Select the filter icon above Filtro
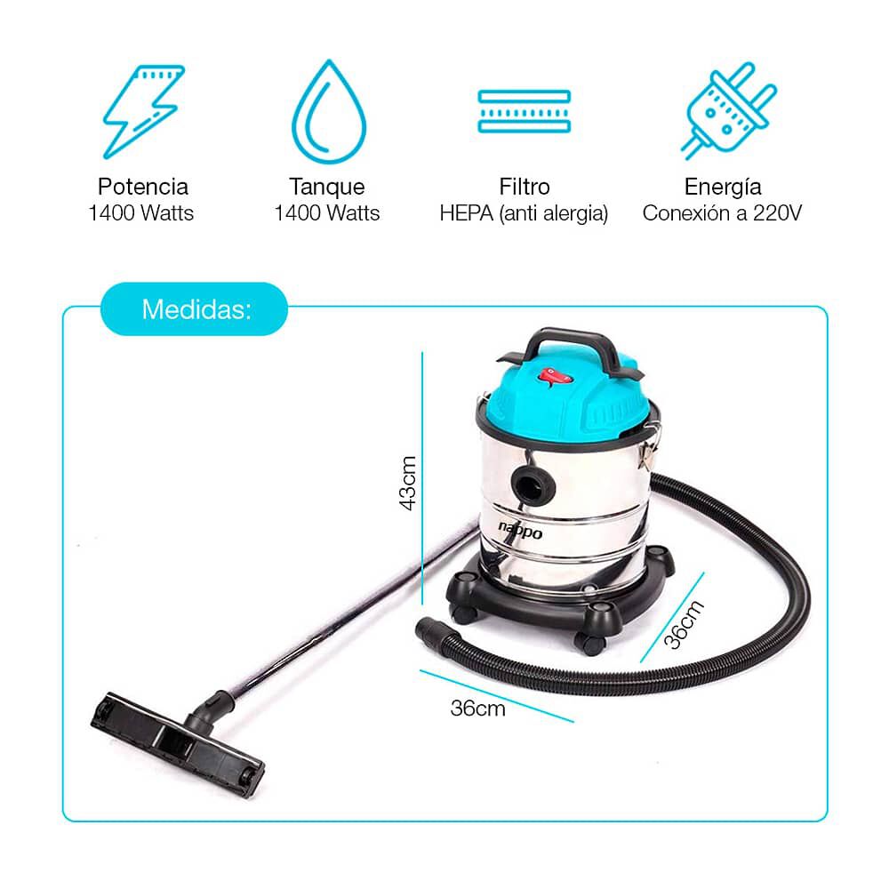click(524, 111)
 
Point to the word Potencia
click(143, 187)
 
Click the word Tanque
click(327, 187)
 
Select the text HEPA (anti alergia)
click(524, 214)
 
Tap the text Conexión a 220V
click(723, 214)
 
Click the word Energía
click(723, 187)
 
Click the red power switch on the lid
click(552, 377)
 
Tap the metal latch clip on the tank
click(647, 448)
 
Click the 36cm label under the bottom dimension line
click(477, 709)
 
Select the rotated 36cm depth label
click(685, 626)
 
